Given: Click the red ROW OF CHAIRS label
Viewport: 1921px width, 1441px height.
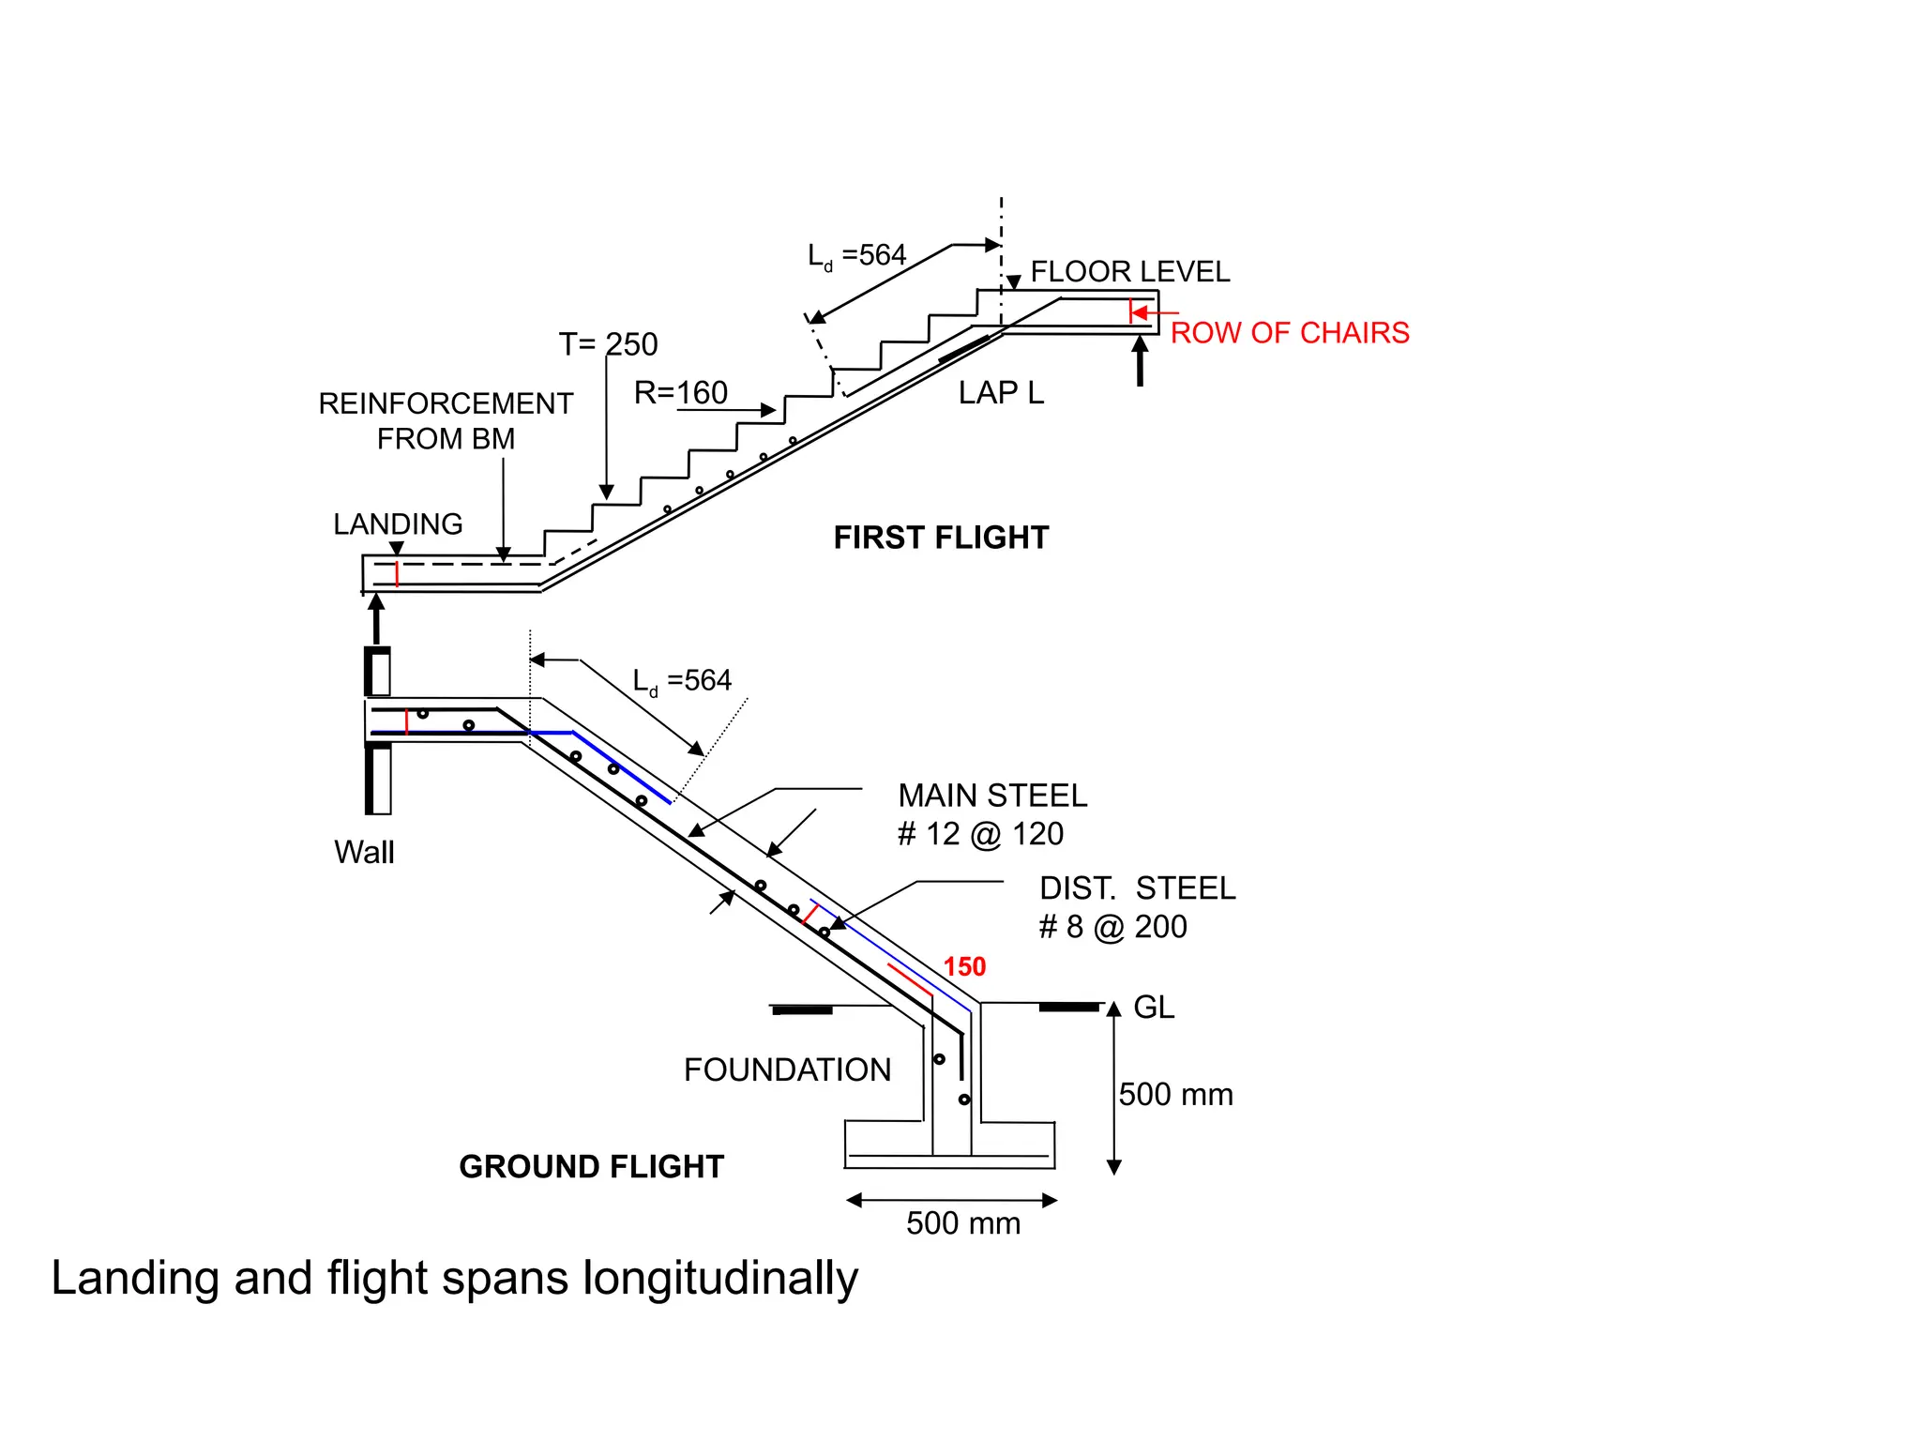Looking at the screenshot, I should point(1289,333).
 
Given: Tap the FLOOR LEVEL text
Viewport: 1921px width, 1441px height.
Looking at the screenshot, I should point(1129,272).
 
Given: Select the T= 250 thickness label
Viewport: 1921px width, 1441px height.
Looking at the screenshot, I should point(608,344).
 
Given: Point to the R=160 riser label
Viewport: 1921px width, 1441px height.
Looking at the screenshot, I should point(680,393).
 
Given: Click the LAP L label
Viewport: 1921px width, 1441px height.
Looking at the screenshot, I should point(1001,393).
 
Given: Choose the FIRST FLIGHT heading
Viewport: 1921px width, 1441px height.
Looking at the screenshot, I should point(941,538).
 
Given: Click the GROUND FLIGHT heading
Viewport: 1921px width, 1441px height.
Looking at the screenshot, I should point(591,1167).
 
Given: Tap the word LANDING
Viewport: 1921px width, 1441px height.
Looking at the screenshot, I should point(398,523).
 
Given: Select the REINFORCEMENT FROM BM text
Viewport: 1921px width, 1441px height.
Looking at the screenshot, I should point(446,421).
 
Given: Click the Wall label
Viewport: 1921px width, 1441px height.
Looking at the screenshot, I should point(364,853).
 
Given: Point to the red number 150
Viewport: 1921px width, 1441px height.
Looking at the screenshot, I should point(964,967).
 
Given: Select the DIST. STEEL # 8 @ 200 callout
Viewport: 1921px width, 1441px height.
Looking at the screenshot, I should point(1136,907).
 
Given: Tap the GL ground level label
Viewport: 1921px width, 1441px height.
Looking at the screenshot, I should point(1153,1008).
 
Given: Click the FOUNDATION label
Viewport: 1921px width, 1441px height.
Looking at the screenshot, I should point(787,1070).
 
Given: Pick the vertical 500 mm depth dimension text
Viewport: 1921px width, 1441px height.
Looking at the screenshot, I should point(1175,1095).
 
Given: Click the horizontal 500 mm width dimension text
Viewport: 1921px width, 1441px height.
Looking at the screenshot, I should point(962,1223).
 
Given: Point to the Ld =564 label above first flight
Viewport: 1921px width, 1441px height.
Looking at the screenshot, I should point(856,256).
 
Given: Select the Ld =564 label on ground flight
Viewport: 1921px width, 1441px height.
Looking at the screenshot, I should point(682,681).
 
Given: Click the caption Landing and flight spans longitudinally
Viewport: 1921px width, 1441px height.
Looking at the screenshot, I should point(455,1279).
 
